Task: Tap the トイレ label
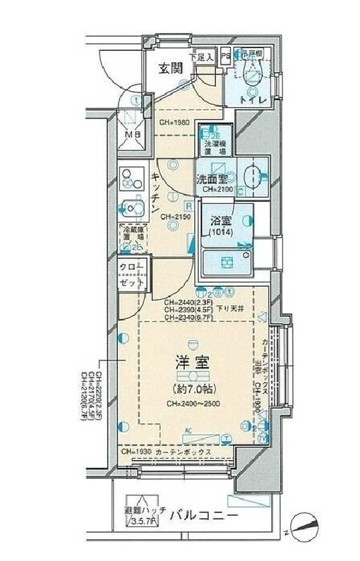tap(252, 102)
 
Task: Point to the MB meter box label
tap(133, 135)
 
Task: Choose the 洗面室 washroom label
tap(211, 179)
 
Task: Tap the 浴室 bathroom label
tap(219, 221)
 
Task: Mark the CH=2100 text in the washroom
tap(217, 190)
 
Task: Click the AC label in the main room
tap(188, 430)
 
